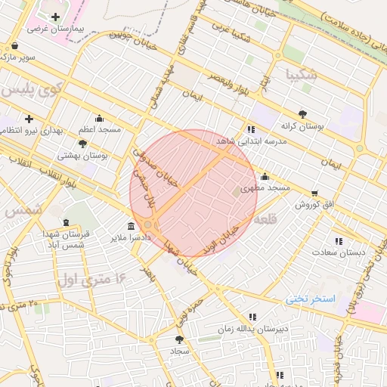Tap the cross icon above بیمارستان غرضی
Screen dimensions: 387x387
pyautogui.click(x=55, y=17)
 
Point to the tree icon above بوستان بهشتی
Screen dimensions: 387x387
pyautogui.click(x=83, y=143)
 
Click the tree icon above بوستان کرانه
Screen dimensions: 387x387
pyautogui.click(x=303, y=114)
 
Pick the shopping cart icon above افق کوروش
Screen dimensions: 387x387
pyautogui.click(x=314, y=193)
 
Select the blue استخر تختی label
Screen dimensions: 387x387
pyautogui.click(x=310, y=299)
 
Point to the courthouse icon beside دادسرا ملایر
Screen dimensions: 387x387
pyautogui.click(x=132, y=227)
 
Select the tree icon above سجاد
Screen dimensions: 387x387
pyautogui.click(x=180, y=339)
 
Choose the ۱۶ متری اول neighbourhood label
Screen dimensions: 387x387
pyautogui.click(x=88, y=280)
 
